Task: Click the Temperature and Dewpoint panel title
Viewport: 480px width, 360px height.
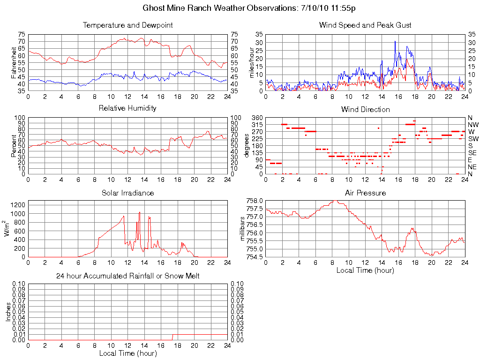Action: pos(127,25)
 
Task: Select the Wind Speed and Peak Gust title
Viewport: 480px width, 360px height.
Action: pos(365,25)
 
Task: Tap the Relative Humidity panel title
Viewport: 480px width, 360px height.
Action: pos(127,108)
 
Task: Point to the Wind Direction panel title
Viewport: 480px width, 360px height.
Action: pos(365,109)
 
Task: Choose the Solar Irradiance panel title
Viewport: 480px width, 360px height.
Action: pos(127,193)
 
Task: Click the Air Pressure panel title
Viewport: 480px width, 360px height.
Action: pos(365,193)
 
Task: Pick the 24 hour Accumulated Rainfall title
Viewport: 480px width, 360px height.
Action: pos(127,276)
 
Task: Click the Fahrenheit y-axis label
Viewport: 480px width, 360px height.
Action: pos(14,62)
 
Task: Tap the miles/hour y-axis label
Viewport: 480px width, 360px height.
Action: pos(251,62)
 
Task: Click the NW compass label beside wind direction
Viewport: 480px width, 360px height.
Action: pos(473,125)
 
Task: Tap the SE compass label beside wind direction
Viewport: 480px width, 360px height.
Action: pos(472,153)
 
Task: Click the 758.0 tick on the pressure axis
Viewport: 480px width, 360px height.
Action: pos(255,201)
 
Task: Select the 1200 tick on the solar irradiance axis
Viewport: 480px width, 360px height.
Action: pos(18,204)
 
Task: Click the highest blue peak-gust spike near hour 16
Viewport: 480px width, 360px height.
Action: pos(395,42)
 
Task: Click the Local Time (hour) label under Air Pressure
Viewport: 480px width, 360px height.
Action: pos(365,270)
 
